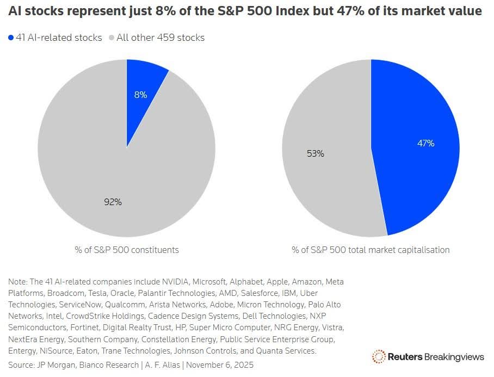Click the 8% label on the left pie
pyautogui.click(x=140, y=94)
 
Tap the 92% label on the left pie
pyautogui.click(x=113, y=202)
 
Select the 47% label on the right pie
pyautogui.click(x=425, y=143)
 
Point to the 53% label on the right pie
pyautogui.click(x=315, y=153)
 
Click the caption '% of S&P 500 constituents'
pyautogui.click(x=127, y=250)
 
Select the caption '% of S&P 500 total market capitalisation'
pyautogui.click(x=370, y=250)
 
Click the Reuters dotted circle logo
pyautogui.click(x=379, y=357)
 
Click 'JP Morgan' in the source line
pyautogui.click(x=53, y=364)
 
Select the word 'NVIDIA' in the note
pyautogui.click(x=177, y=282)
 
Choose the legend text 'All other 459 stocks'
pyautogui.click(x=160, y=38)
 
